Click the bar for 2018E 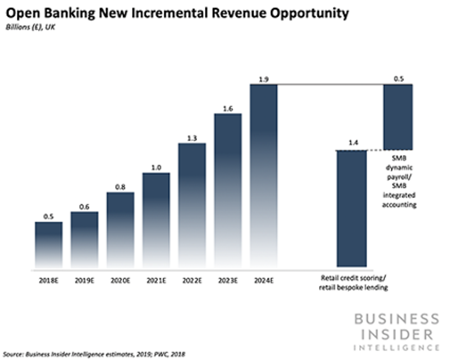(x=49, y=244)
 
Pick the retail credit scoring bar (x=352, y=208)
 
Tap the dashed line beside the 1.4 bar (x=375, y=150)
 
